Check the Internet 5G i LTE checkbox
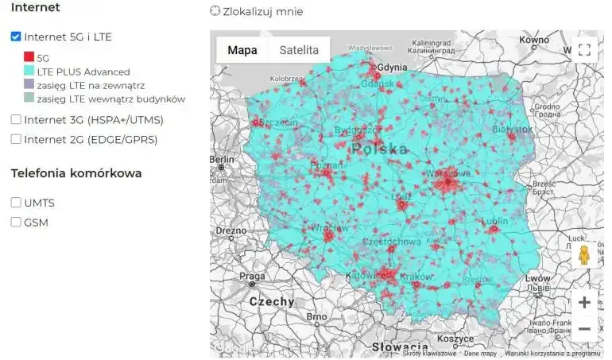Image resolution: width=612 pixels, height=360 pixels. tap(16, 37)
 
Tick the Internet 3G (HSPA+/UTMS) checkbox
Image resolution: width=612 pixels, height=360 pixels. tap(16, 120)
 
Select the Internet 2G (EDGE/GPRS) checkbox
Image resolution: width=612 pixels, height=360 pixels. tap(16, 139)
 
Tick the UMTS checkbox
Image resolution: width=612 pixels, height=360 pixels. tap(16, 203)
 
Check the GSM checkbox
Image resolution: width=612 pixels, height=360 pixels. tap(16, 223)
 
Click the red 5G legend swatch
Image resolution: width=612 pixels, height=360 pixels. tap(29, 57)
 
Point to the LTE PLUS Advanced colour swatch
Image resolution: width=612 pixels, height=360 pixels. tap(29, 72)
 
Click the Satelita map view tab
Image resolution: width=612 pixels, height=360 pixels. tap(299, 50)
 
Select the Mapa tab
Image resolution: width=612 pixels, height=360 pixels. tap(242, 50)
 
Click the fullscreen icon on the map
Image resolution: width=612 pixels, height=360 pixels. tap(584, 50)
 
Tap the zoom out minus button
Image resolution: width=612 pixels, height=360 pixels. tap(584, 328)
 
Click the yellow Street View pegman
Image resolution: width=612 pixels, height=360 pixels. tap(584, 255)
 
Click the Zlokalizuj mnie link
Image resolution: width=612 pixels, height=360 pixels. tap(256, 11)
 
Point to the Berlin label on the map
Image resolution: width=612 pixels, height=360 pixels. tap(222, 159)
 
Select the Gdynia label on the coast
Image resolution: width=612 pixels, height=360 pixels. tap(393, 68)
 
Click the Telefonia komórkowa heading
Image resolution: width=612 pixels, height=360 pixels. tap(76, 172)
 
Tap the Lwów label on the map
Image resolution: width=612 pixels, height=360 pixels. tap(537, 279)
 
